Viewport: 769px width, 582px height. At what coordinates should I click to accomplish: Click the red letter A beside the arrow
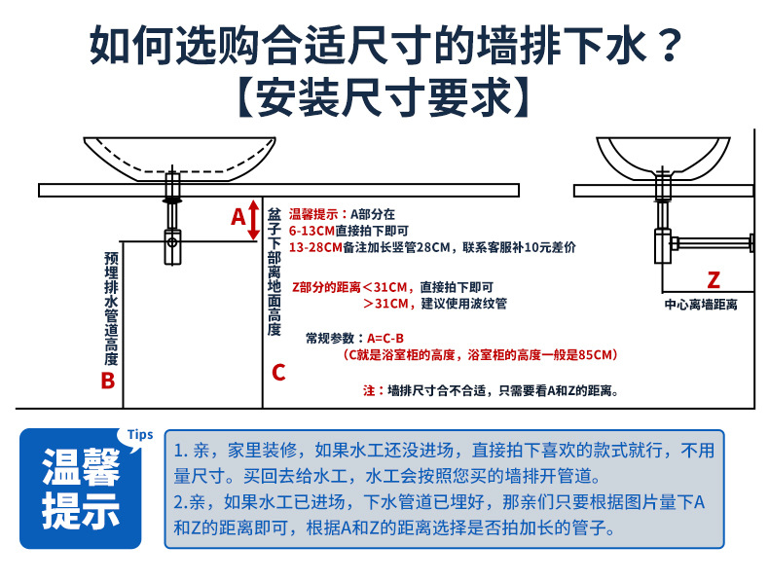click(x=238, y=217)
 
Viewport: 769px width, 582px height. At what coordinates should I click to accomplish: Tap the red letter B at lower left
click(x=108, y=381)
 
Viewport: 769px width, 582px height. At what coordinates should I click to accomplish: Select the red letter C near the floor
click(x=278, y=372)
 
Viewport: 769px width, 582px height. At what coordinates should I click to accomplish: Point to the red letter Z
click(x=713, y=282)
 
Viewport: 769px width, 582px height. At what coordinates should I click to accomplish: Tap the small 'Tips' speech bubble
click(x=141, y=435)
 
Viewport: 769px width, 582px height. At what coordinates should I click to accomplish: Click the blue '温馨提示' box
click(x=81, y=490)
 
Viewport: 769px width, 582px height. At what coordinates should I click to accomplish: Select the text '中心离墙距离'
click(x=701, y=305)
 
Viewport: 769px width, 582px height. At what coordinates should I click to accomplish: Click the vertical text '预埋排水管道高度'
click(x=110, y=308)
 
